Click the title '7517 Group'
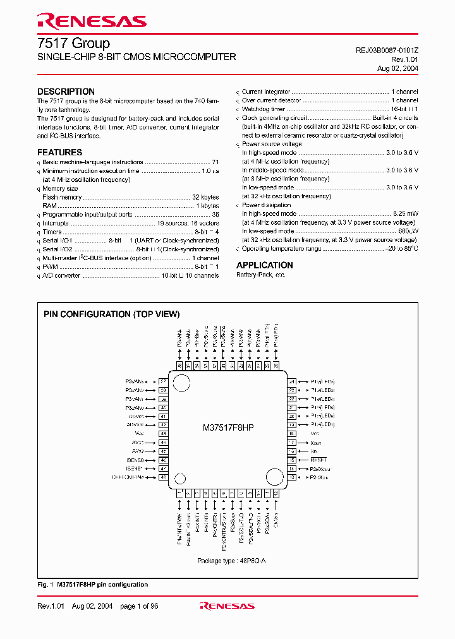73,43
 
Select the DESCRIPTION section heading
66,92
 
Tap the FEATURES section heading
59,152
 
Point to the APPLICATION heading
265,265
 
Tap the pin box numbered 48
163,478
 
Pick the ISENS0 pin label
134,460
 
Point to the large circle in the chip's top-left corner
183,383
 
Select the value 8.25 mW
405,214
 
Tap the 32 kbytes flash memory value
205,197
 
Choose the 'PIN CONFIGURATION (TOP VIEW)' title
111,314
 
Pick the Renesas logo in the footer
227,606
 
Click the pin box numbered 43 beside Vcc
163,434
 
